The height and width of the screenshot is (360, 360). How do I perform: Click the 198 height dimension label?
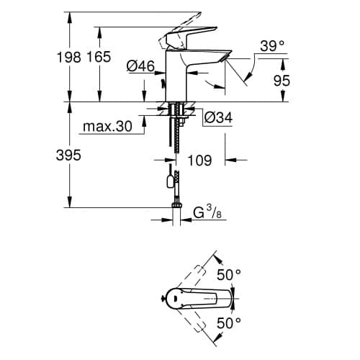click(x=69, y=58)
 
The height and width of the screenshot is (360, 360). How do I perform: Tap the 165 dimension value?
click(x=99, y=57)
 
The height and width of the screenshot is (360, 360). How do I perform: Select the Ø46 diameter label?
click(x=141, y=66)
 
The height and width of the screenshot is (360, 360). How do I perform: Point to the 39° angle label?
click(x=272, y=46)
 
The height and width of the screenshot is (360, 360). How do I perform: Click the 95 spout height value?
click(x=282, y=81)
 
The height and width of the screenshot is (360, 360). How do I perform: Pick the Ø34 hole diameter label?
click(x=218, y=117)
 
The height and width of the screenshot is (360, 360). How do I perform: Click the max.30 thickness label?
click(x=107, y=126)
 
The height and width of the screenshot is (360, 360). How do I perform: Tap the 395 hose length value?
click(x=68, y=155)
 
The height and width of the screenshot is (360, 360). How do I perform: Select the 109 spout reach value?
click(x=199, y=161)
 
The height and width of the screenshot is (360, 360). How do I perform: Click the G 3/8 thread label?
click(x=207, y=212)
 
